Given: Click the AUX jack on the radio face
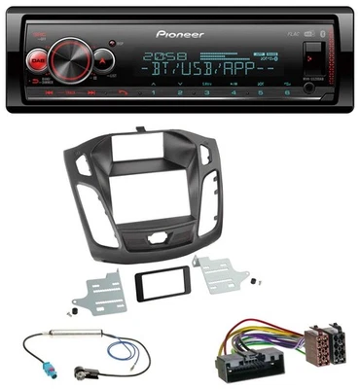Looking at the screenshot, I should (310, 86).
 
